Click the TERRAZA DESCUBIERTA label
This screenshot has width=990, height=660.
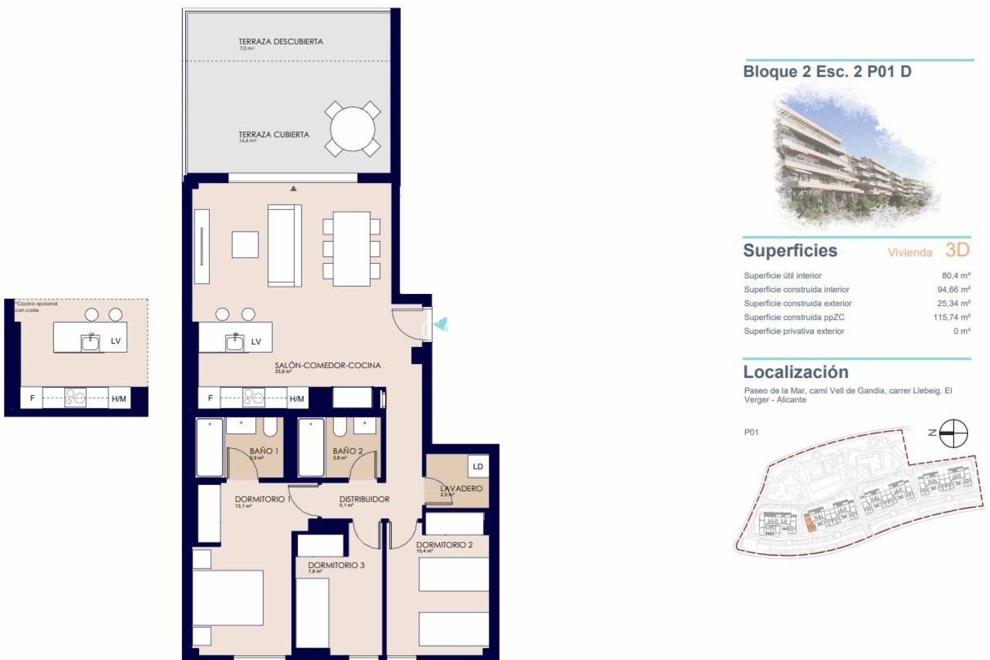(280, 42)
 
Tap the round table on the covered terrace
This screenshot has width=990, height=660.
(353, 129)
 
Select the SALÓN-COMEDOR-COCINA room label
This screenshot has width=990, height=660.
(327, 366)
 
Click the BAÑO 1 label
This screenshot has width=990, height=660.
(264, 451)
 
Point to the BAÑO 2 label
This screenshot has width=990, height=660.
(348, 451)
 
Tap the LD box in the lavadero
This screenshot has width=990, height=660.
(477, 467)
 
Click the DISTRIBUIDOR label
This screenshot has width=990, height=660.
(364, 499)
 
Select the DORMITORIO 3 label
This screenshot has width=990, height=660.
(336, 565)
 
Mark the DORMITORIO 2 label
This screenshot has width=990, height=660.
(444, 545)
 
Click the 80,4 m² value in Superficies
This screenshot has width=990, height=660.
(956, 276)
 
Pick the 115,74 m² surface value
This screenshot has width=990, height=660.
(951, 318)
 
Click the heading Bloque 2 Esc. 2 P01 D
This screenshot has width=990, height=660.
(827, 72)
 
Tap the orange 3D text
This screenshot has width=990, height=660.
(958, 251)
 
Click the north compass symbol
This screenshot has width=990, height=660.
(953, 433)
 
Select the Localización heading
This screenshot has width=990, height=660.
(796, 372)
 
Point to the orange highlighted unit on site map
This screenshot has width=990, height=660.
(810, 524)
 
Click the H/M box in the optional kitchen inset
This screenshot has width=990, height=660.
(119, 399)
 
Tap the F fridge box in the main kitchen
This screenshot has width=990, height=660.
(210, 398)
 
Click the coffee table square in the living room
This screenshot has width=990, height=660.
(245, 244)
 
